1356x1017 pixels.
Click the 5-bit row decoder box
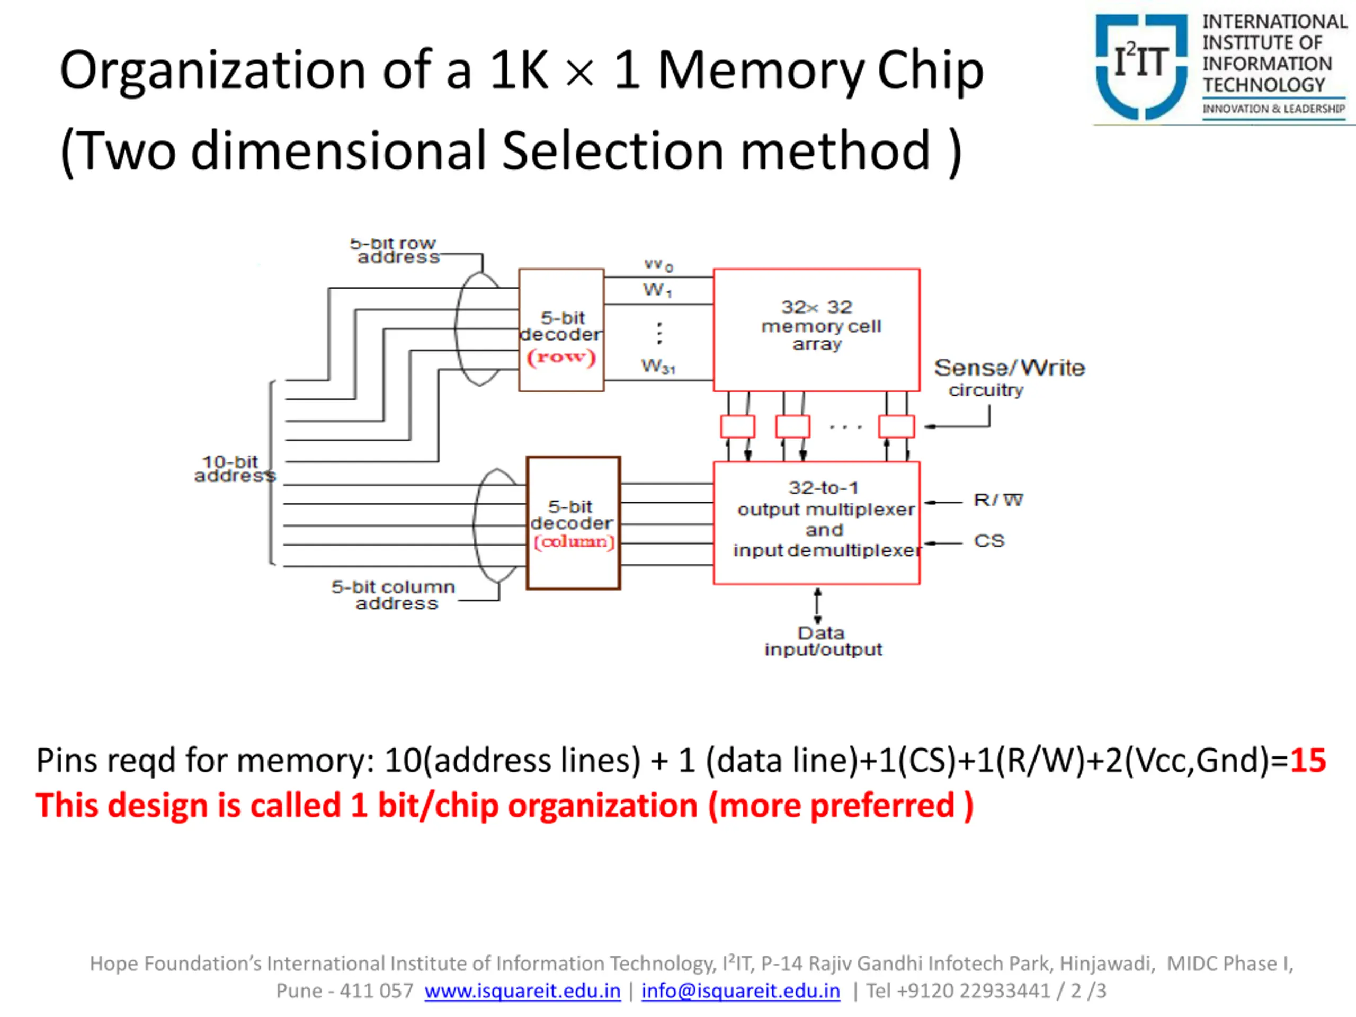point(561,330)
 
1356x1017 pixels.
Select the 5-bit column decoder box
point(573,523)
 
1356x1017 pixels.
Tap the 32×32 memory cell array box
point(817,330)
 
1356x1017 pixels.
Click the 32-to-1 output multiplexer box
point(817,523)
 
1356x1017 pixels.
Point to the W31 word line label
point(658,367)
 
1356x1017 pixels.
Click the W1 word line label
point(658,289)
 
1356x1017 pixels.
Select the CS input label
point(989,541)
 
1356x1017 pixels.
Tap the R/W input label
point(998,500)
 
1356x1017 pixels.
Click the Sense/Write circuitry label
point(1009,378)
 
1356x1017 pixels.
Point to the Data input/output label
point(823,641)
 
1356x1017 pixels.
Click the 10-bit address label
point(235,469)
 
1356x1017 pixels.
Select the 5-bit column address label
point(394,595)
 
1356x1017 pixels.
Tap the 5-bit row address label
point(395,251)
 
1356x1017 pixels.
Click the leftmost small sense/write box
point(737,426)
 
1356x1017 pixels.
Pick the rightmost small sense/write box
point(896,426)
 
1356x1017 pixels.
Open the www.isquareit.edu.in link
point(522,991)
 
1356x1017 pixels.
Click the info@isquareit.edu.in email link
point(741,991)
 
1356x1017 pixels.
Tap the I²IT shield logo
point(1141,66)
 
